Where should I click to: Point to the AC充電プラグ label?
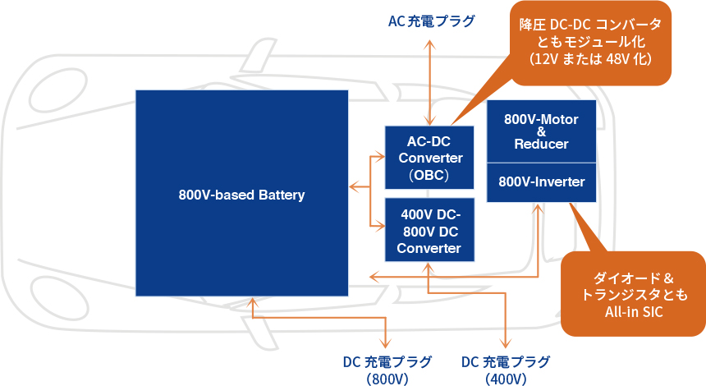tap(432, 21)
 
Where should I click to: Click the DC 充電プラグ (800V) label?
tap(387, 369)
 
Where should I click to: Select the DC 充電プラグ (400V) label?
tap(506, 369)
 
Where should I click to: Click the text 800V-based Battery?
tap(241, 195)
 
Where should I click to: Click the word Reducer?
tap(541, 144)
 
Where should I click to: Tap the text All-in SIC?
tap(634, 311)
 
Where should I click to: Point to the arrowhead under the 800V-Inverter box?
tap(538, 208)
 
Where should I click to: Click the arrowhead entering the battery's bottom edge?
tap(252, 302)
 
